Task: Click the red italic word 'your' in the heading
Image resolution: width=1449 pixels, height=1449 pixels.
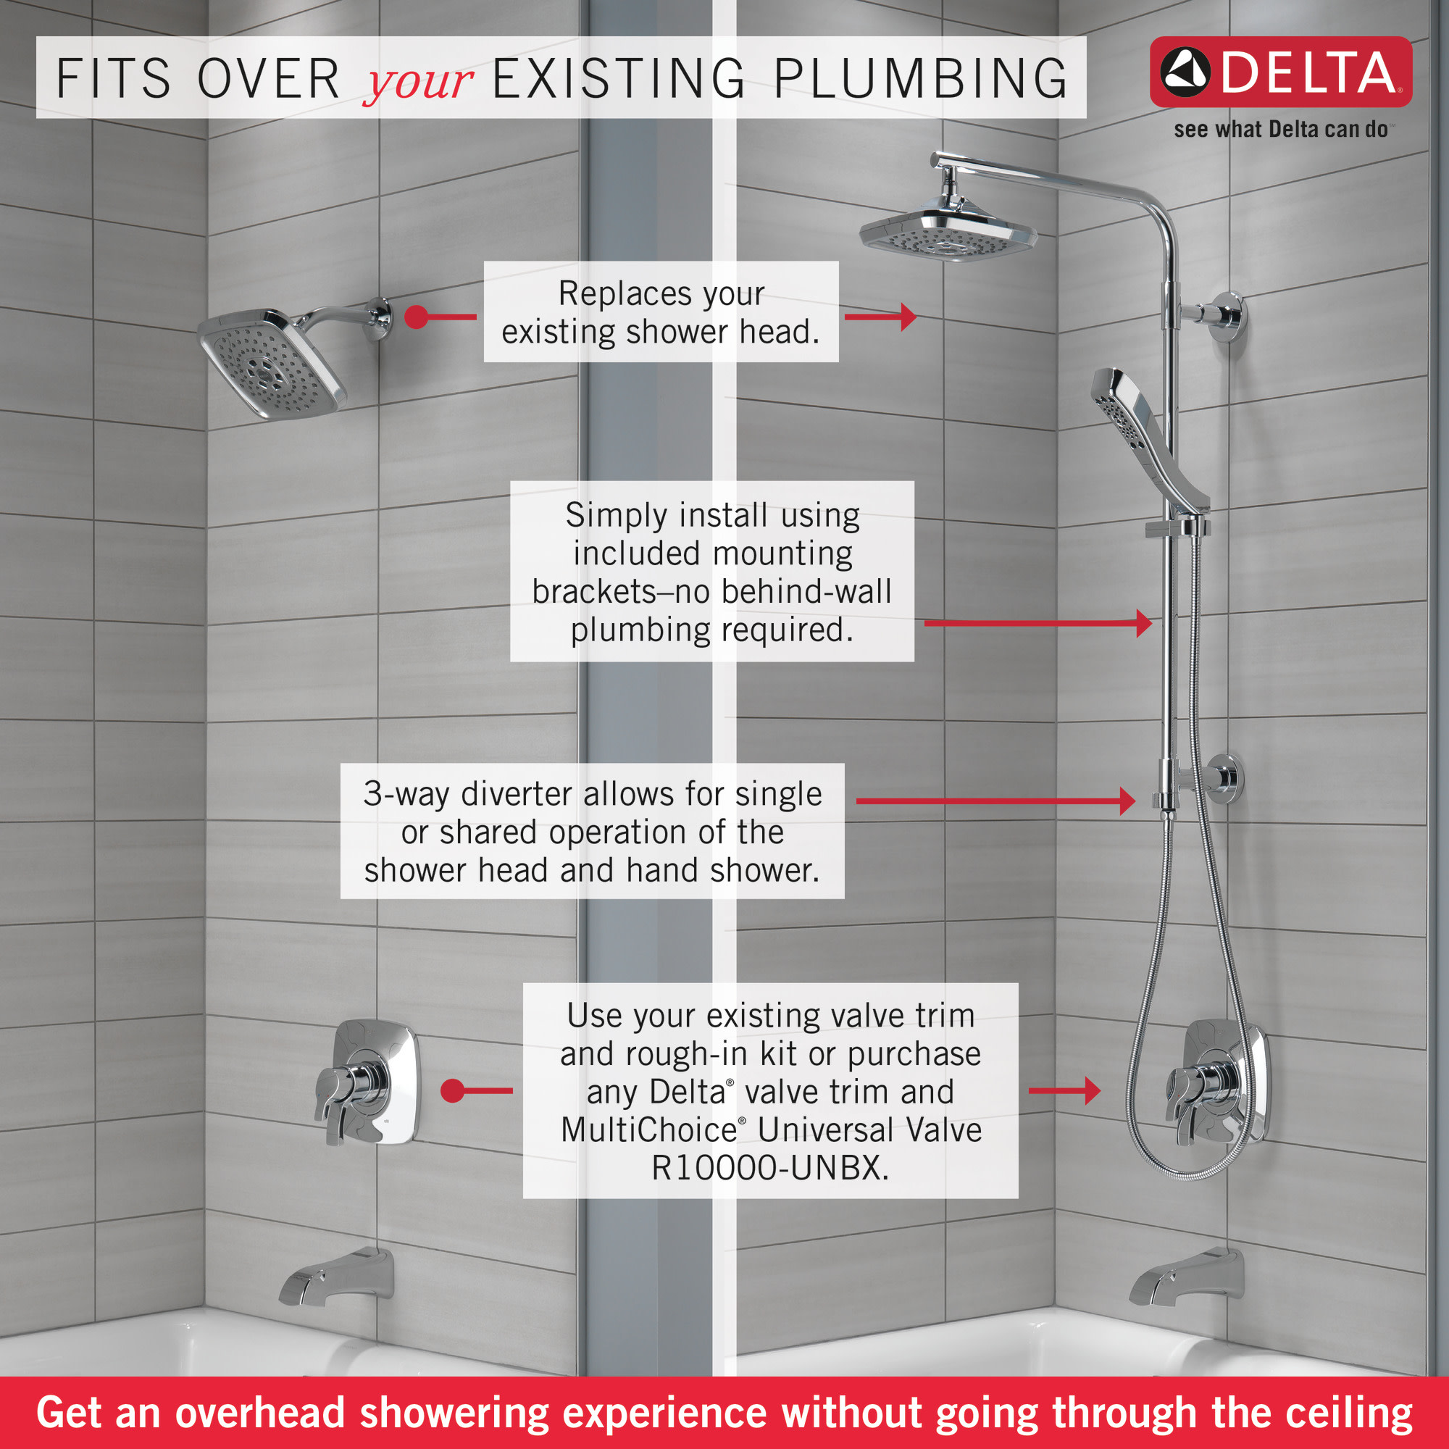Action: [418, 81]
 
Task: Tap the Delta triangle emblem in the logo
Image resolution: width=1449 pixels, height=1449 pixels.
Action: [1185, 72]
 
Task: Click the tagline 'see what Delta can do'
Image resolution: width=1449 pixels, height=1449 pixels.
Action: [1280, 130]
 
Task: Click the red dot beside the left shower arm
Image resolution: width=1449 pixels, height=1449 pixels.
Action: [417, 317]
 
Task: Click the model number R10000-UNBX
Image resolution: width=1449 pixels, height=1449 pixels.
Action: [770, 1168]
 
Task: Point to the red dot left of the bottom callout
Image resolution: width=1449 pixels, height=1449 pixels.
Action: [452, 1090]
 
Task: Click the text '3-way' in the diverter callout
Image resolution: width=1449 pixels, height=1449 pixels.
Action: [406, 793]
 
